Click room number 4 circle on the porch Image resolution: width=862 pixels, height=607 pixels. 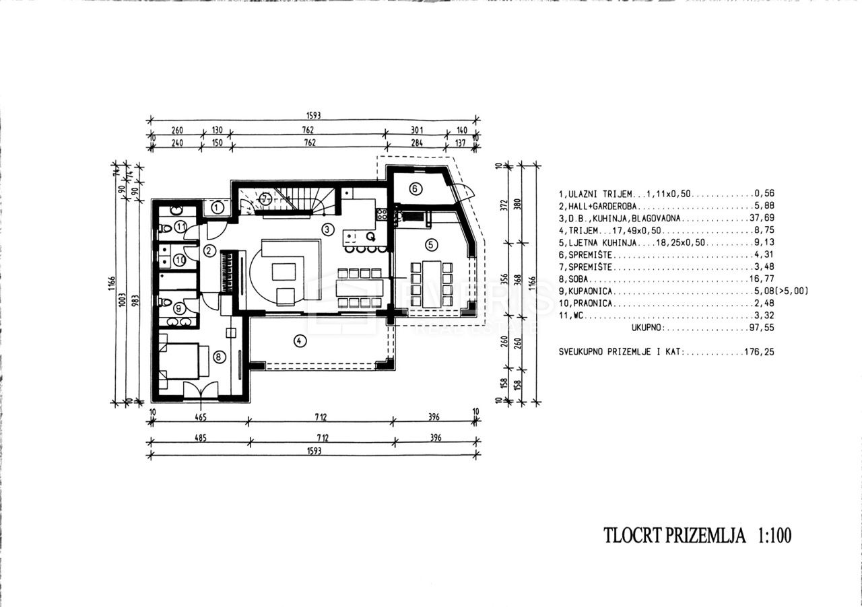pyautogui.click(x=300, y=341)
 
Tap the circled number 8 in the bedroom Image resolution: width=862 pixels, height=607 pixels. pyautogui.click(x=219, y=357)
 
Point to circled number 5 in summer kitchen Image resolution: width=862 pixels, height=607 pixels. pyautogui.click(x=431, y=245)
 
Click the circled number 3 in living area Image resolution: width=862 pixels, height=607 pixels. pyautogui.click(x=327, y=229)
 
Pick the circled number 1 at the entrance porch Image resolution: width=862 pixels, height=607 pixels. pyautogui.click(x=217, y=208)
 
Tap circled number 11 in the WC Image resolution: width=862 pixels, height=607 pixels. pyautogui.click(x=181, y=227)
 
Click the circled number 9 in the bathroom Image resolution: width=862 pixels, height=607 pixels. pyautogui.click(x=178, y=308)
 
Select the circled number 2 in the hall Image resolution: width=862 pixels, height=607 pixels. pyautogui.click(x=209, y=251)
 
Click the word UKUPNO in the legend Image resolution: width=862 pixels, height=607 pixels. pyautogui.click(x=648, y=328)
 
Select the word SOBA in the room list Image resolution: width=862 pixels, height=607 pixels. pyautogui.click(x=578, y=279)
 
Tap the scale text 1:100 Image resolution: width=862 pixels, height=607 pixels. pyautogui.click(x=774, y=535)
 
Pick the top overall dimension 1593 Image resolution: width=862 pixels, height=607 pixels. pyautogui.click(x=313, y=115)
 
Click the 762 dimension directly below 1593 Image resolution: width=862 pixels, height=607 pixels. pyautogui.click(x=308, y=130)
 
